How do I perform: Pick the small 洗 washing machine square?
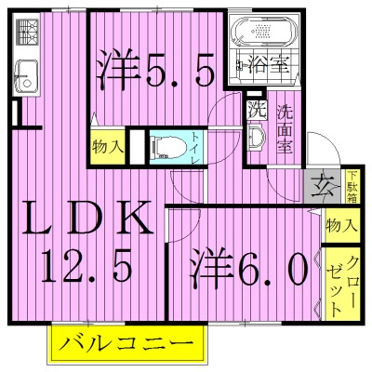coord(254,109)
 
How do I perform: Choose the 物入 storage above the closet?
coord(340,224)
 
